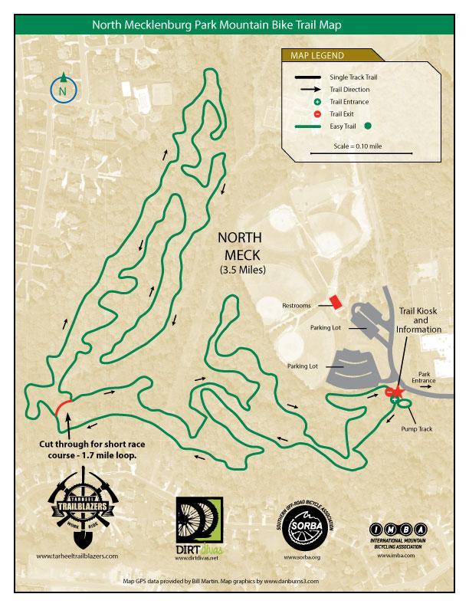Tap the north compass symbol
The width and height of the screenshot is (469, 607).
click(63, 90)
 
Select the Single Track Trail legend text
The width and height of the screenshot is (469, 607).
click(353, 77)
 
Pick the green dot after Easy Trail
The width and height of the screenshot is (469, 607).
click(369, 126)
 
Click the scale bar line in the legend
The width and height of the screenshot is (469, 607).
click(352, 153)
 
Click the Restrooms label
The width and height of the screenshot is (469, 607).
click(295, 305)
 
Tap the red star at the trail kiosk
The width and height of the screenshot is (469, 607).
click(398, 391)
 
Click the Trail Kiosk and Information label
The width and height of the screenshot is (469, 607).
click(418, 320)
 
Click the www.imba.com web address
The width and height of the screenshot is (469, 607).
click(396, 555)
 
